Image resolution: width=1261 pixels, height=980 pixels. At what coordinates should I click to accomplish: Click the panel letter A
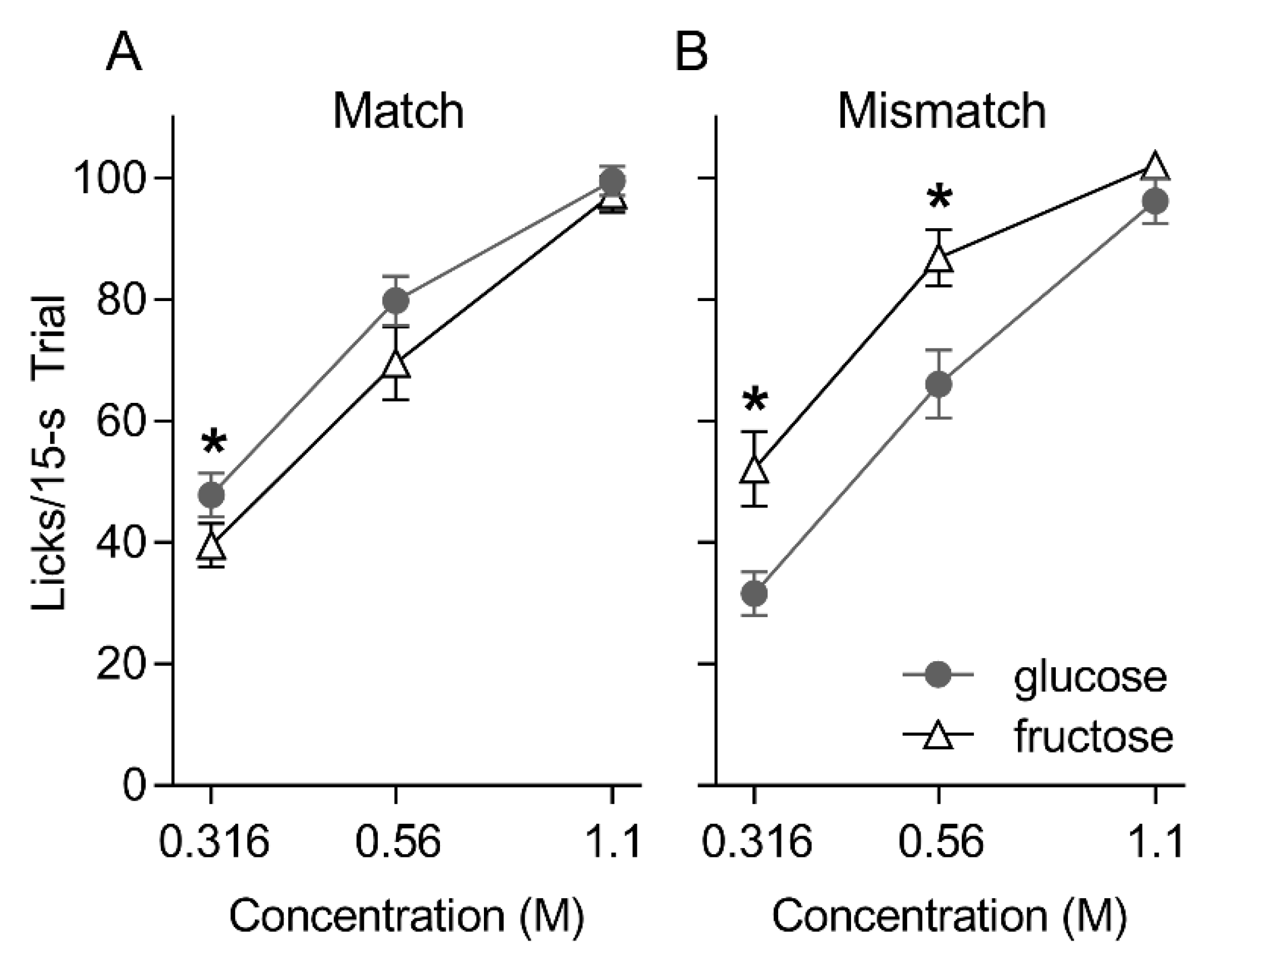123,52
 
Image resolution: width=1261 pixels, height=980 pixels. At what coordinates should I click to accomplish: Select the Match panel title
398,111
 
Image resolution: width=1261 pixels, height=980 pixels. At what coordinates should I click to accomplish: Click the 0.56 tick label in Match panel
397,842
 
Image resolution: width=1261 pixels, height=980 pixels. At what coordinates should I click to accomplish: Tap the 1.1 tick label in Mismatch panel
1155,842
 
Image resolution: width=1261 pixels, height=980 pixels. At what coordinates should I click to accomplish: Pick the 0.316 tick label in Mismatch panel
756,842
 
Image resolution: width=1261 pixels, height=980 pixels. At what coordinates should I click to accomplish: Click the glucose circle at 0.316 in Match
211,495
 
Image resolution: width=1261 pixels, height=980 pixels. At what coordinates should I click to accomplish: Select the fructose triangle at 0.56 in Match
396,365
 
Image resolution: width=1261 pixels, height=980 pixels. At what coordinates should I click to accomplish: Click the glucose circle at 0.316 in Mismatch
754,594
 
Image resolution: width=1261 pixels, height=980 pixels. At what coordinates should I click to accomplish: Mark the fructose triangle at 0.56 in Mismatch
939,259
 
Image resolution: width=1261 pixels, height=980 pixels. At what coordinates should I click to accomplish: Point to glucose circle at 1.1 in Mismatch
1155,201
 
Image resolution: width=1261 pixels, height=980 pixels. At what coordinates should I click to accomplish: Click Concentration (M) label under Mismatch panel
948,916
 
